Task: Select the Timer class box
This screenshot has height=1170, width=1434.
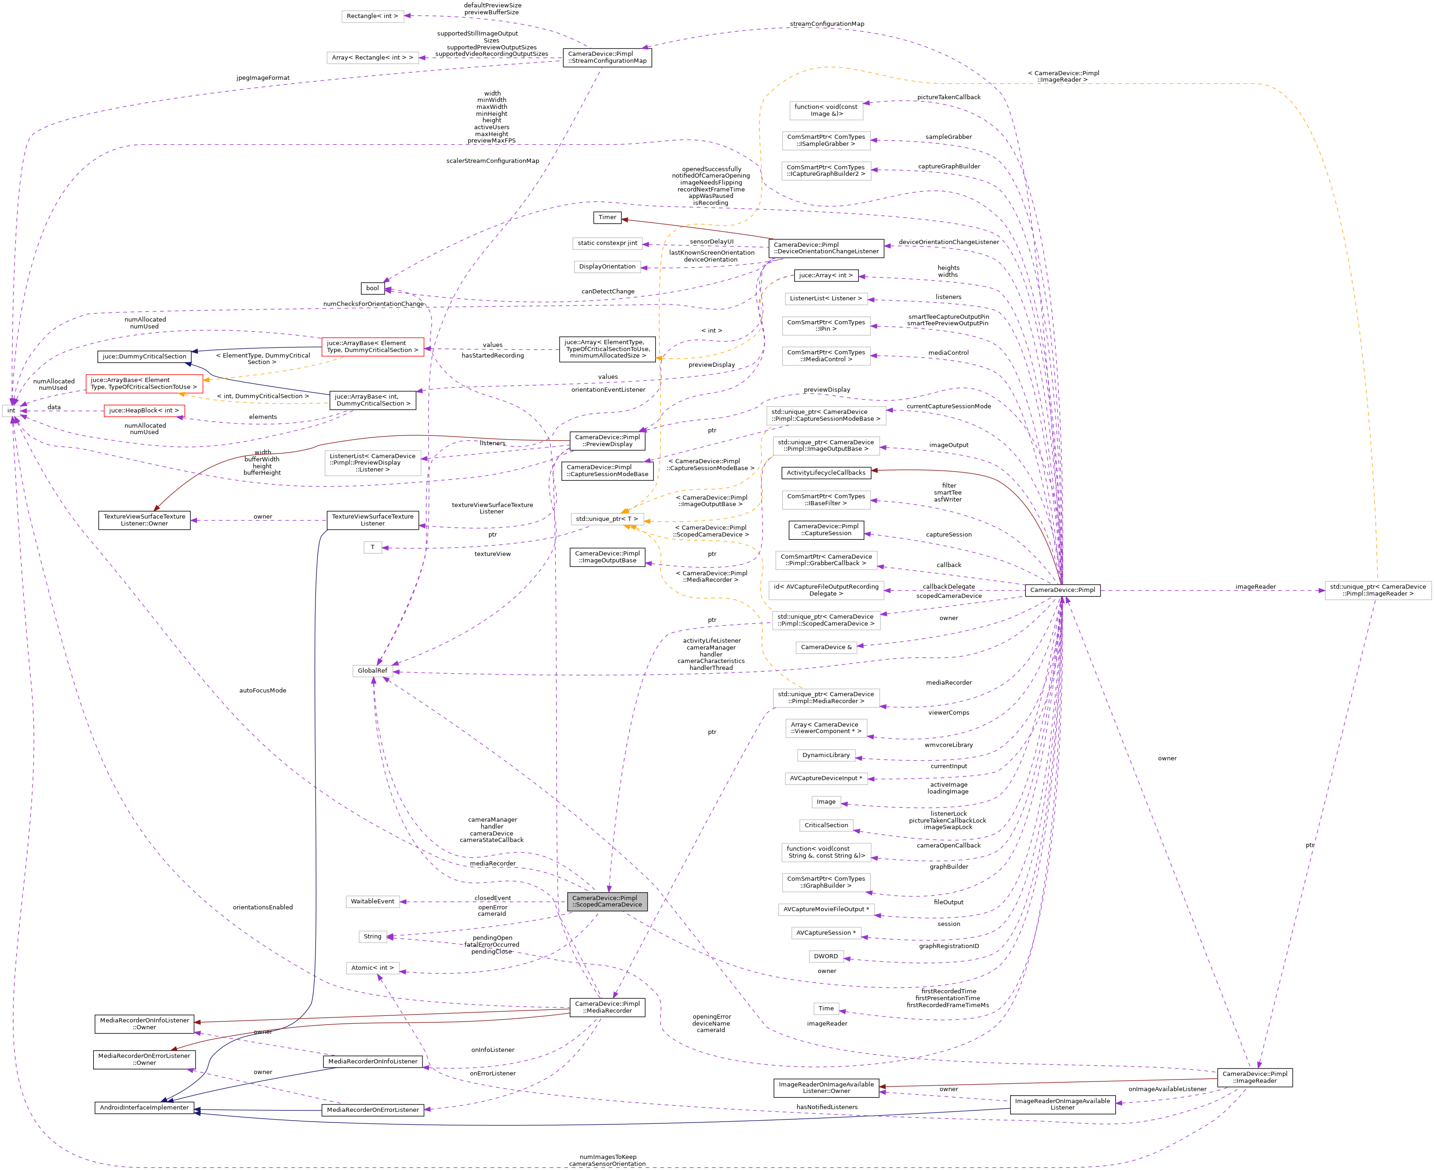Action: (x=607, y=217)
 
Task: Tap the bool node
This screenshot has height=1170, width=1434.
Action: (x=372, y=288)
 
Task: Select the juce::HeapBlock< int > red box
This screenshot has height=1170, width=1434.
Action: (x=144, y=411)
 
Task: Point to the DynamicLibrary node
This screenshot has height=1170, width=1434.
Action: (x=826, y=755)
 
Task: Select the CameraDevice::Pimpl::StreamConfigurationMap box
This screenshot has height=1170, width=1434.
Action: (x=607, y=57)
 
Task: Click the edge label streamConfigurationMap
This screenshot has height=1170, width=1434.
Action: (x=827, y=24)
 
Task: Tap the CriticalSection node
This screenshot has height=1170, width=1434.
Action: (x=826, y=825)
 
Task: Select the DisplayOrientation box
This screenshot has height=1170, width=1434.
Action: (x=607, y=266)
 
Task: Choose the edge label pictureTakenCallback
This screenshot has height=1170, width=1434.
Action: (x=948, y=97)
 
